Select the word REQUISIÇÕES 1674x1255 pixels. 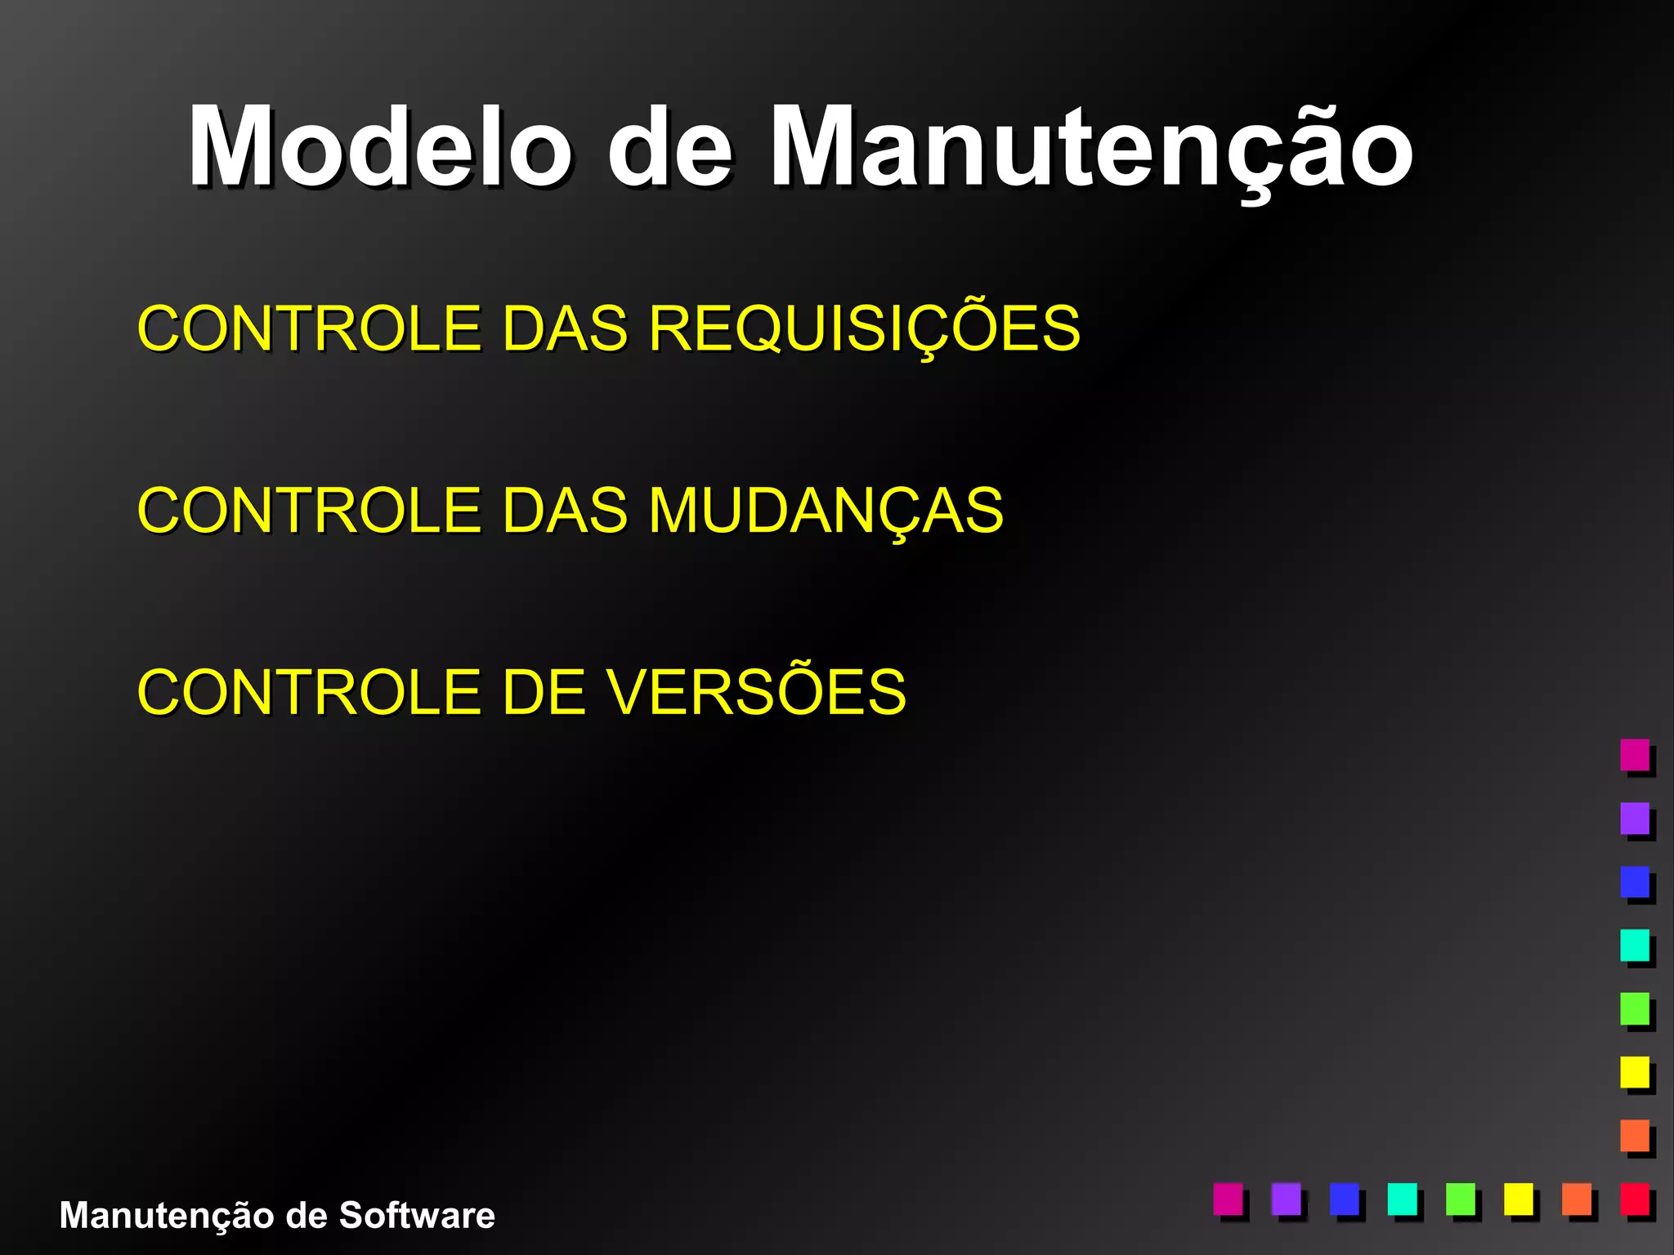(x=864, y=328)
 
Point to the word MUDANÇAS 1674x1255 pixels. (x=826, y=511)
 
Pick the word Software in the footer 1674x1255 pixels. (x=417, y=1215)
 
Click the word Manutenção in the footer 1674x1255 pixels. (x=168, y=1215)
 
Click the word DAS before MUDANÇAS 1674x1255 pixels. (x=565, y=511)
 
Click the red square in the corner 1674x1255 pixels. (x=1635, y=1199)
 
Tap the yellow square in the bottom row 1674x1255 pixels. (x=1519, y=1199)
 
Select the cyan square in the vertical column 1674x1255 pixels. (x=1635, y=945)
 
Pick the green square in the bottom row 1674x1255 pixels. (x=1461, y=1199)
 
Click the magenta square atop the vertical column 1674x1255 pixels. (x=1635, y=754)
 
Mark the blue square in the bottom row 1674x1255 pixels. (x=1345, y=1199)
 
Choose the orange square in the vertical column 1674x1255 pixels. (x=1635, y=1135)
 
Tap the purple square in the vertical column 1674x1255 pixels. (x=1635, y=818)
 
